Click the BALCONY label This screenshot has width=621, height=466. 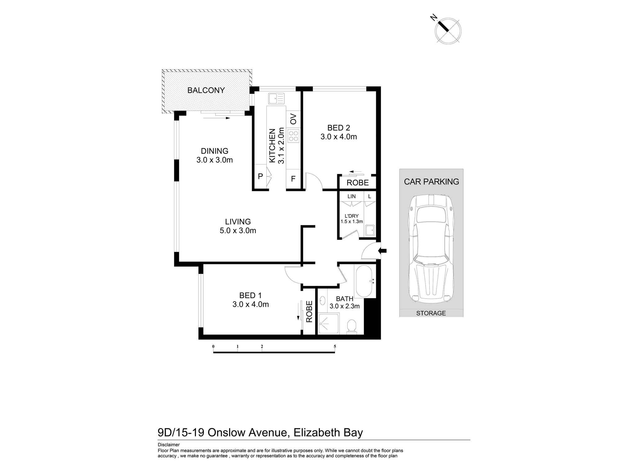pos(206,90)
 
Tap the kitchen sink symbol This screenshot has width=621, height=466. pos(276,98)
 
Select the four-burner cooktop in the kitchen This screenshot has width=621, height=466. pos(293,136)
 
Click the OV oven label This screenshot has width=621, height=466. pos(293,119)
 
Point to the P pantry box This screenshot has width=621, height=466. pos(261,176)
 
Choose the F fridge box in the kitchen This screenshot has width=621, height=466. pos(293,179)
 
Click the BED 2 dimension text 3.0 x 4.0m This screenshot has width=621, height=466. pos(338,137)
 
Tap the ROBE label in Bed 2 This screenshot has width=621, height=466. pos(357,183)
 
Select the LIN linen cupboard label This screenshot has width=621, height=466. pos(351,196)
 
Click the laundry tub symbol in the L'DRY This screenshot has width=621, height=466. pos(369,231)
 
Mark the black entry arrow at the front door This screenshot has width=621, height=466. pos(383,251)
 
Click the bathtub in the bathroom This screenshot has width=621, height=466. pos(363,281)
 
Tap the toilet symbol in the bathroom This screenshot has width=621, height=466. pos(351,327)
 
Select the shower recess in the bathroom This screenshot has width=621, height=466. pos(329,324)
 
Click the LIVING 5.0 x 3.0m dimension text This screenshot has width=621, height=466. pos(238,231)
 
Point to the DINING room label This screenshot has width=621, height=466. pos(215,151)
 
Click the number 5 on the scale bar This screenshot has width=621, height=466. pos(335,346)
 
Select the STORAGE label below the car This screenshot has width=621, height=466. pos(431,313)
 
